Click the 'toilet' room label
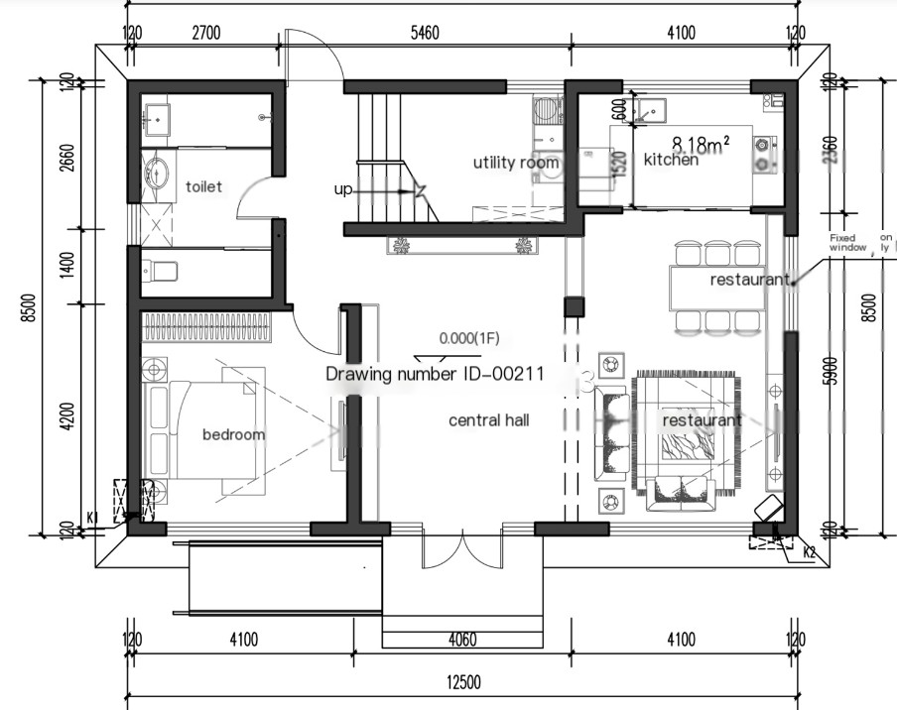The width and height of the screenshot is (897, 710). (x=204, y=186)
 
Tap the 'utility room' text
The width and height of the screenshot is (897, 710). (x=515, y=163)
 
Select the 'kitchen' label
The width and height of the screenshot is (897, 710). (x=671, y=160)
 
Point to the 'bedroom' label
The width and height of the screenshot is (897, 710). (x=234, y=434)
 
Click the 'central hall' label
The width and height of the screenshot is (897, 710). (x=488, y=420)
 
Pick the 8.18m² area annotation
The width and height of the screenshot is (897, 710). (x=701, y=144)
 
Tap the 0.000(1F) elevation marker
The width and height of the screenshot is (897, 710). (x=468, y=338)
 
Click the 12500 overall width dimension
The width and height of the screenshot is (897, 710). (x=463, y=682)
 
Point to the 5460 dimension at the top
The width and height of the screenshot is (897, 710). (x=425, y=33)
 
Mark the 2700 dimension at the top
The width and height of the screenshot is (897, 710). (x=205, y=33)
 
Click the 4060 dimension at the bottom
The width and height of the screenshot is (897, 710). (x=463, y=640)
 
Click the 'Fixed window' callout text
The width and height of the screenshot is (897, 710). (x=842, y=243)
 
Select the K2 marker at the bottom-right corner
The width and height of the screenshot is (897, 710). (x=809, y=550)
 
